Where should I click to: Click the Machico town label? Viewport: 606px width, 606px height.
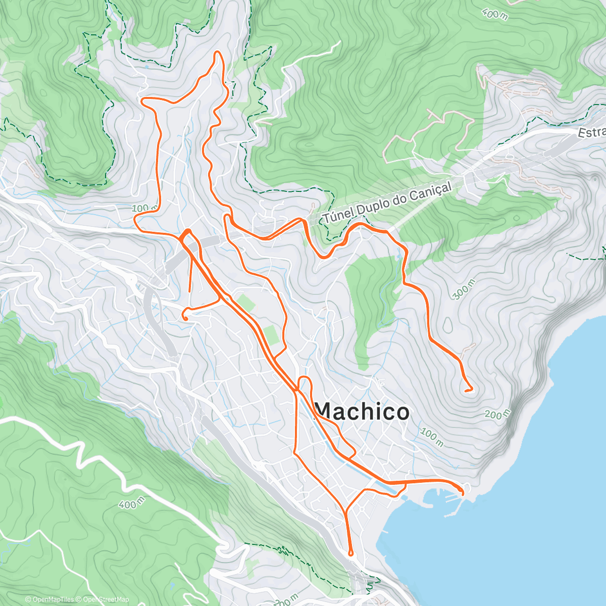(362, 412)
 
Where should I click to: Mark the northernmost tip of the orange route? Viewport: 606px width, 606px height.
(218, 52)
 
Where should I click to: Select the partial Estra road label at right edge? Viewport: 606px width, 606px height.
(592, 132)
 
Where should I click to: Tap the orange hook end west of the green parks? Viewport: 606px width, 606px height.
(185, 318)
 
